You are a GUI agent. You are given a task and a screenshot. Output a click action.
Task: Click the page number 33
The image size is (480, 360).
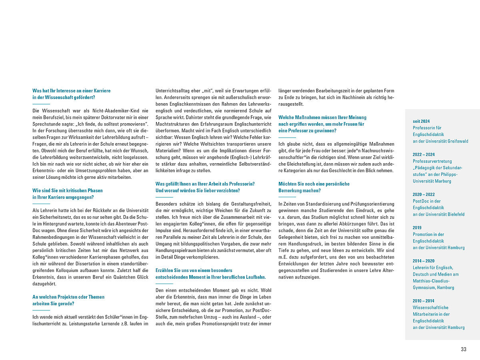point(463,349)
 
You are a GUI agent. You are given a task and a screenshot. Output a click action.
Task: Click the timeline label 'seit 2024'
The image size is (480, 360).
point(421,121)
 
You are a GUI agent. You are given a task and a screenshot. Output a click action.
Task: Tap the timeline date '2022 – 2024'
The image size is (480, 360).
point(424,154)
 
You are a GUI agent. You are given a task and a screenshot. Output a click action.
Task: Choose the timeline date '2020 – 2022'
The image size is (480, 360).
point(424,194)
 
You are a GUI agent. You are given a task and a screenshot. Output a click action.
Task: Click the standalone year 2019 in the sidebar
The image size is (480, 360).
point(417,228)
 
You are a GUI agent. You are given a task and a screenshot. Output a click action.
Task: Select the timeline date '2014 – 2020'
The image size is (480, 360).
point(424,261)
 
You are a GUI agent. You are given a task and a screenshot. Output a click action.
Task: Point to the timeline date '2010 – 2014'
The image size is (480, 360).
point(424,301)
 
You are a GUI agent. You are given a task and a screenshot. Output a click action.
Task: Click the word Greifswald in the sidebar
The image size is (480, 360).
point(456,141)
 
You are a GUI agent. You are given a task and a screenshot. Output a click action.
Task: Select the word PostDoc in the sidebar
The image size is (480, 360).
point(420,201)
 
